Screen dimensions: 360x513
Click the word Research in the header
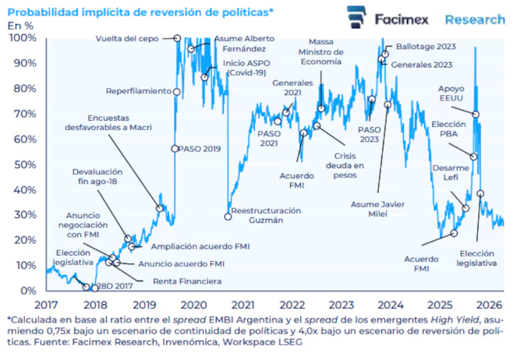(x=475, y=19)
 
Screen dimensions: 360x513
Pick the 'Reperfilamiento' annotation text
(x=138, y=91)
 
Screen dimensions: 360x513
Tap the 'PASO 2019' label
(x=200, y=148)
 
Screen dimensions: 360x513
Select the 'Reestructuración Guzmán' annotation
(x=266, y=216)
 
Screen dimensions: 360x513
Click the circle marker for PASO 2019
(x=175, y=148)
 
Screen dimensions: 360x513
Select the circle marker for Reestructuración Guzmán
(x=228, y=216)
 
